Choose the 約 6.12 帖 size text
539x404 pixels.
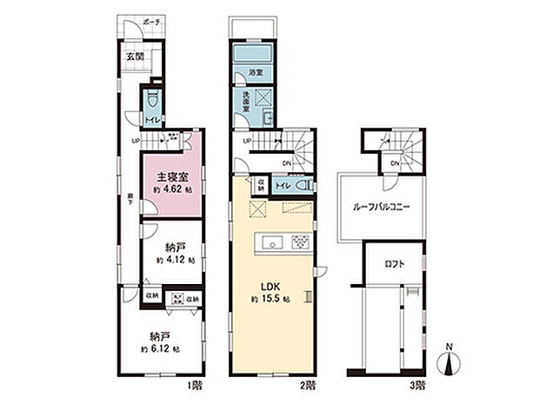click(x=163, y=349)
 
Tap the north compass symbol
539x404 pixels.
click(x=449, y=361)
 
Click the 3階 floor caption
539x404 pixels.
click(x=421, y=383)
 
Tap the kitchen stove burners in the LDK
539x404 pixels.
click(x=299, y=242)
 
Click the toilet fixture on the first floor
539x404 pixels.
click(x=152, y=96)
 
